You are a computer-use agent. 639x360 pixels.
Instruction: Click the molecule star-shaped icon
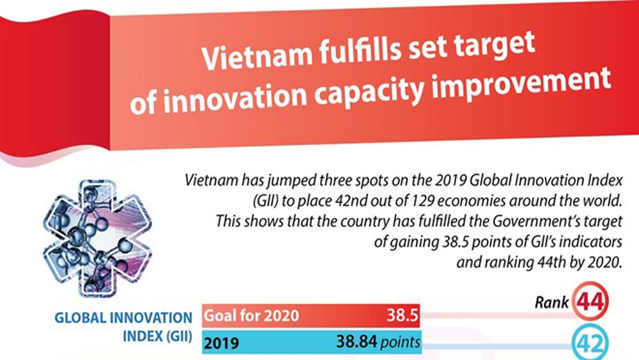point(97,238)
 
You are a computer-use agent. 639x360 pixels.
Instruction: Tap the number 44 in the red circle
point(590,302)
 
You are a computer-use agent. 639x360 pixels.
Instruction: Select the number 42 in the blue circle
point(590,344)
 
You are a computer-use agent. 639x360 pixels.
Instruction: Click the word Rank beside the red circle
point(551,302)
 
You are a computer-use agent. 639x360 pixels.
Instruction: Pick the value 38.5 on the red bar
point(402,315)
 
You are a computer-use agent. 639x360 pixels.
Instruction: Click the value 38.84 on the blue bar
point(357,341)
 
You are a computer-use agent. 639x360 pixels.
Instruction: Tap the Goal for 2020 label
point(251,316)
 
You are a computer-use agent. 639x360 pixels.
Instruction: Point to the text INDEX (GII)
point(157,336)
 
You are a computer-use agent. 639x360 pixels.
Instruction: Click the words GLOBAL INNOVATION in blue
point(123,318)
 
